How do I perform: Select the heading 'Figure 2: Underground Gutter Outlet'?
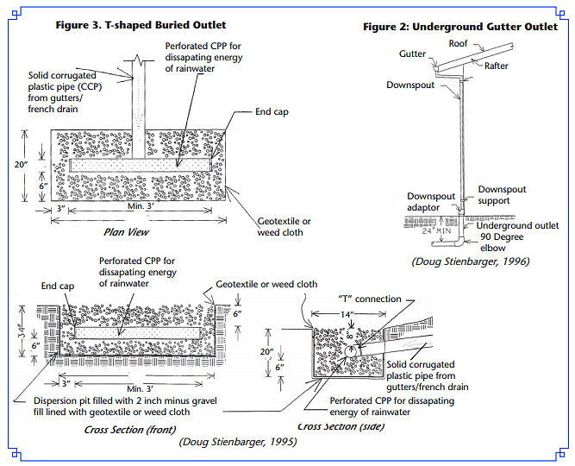(460, 27)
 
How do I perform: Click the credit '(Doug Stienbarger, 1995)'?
(238, 443)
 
